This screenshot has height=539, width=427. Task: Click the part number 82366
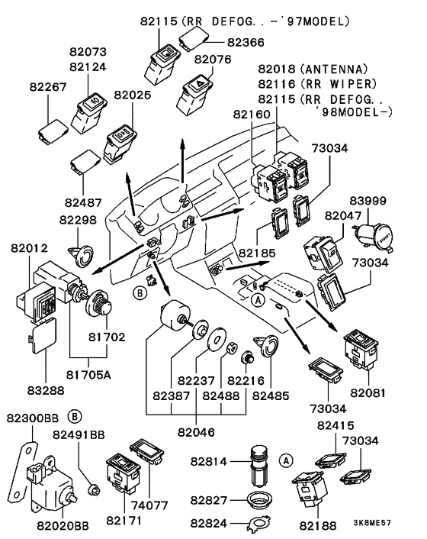[x=246, y=42]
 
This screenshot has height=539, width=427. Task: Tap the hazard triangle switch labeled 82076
[x=194, y=92]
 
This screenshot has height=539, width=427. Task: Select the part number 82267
[x=48, y=86]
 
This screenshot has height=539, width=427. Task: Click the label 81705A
[x=88, y=375]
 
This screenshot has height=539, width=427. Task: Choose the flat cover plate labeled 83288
[x=43, y=336]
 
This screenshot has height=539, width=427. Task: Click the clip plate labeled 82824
[x=259, y=524]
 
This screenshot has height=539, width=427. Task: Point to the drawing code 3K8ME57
[x=372, y=523]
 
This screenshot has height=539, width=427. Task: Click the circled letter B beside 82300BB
[x=75, y=416]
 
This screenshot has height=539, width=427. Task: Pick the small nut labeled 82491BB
[x=94, y=489]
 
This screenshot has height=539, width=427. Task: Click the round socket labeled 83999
[x=374, y=237]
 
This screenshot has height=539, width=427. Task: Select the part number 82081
[x=368, y=392]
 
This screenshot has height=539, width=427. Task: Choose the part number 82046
[x=196, y=432]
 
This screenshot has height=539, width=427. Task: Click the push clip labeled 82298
[x=81, y=256]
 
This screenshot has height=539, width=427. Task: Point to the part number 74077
[x=149, y=505]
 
